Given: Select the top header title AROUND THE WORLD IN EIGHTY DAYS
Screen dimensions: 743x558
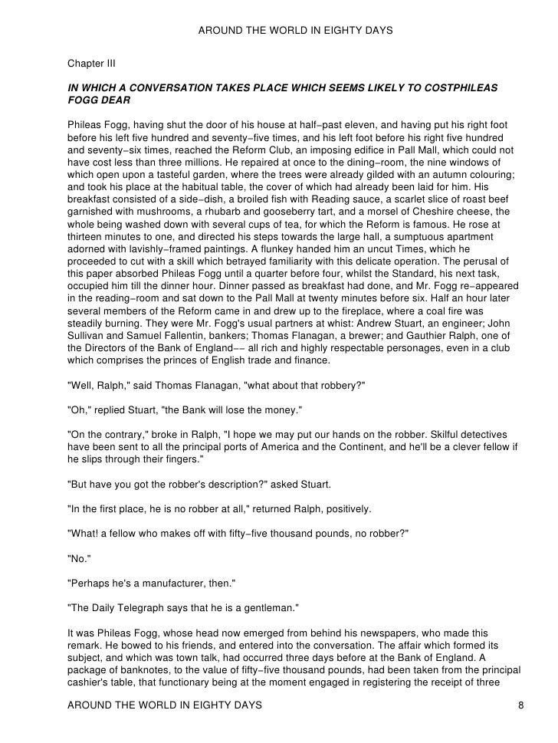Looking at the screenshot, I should tap(295, 31).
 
